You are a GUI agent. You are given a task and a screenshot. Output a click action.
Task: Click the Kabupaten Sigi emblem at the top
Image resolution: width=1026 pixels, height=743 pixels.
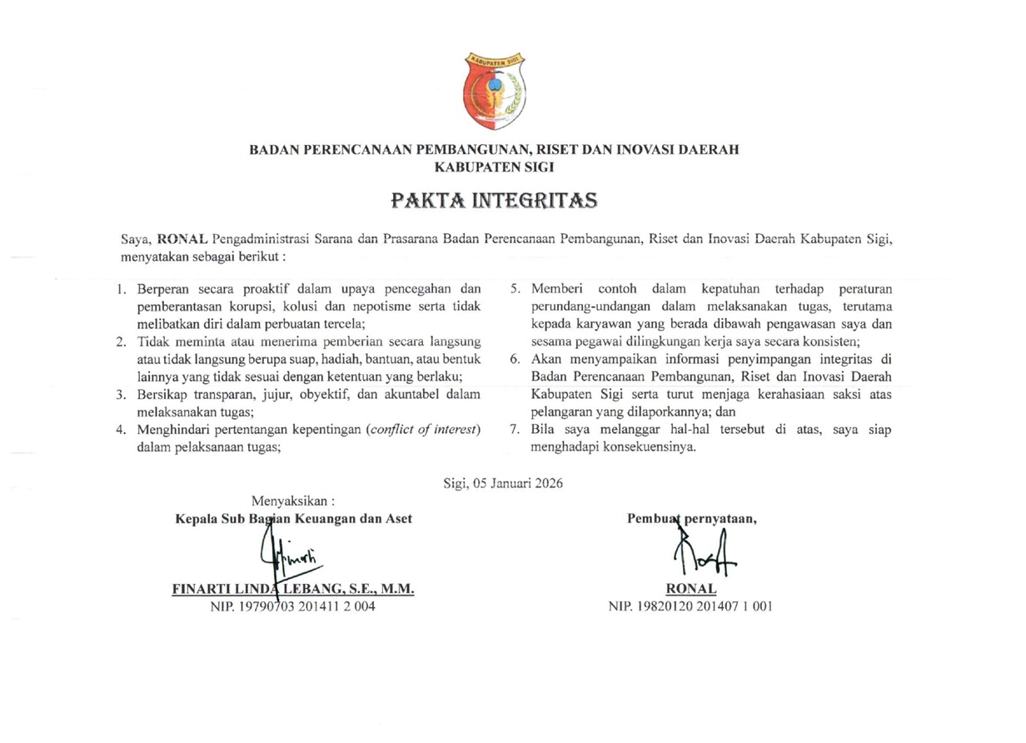point(495,90)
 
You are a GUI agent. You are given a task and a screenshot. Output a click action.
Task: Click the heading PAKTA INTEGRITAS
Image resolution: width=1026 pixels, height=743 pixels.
point(495,201)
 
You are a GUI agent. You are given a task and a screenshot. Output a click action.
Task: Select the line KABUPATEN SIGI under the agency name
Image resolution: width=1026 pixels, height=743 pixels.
point(495,166)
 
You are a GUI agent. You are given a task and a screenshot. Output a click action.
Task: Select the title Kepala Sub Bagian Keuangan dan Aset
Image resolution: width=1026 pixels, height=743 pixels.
point(293,518)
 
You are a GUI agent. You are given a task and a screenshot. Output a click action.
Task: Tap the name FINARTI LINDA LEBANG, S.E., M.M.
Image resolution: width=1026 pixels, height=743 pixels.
point(292,589)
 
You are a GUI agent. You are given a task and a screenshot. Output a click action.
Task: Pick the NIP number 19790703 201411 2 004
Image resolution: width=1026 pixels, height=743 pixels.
point(292,607)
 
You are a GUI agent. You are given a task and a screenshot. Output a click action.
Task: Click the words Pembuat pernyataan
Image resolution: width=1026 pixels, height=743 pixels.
point(691,518)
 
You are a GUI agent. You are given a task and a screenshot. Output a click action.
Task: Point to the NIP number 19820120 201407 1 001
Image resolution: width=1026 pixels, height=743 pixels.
point(690,607)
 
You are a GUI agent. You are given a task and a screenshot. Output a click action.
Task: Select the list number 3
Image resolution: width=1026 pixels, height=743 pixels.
point(122,395)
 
